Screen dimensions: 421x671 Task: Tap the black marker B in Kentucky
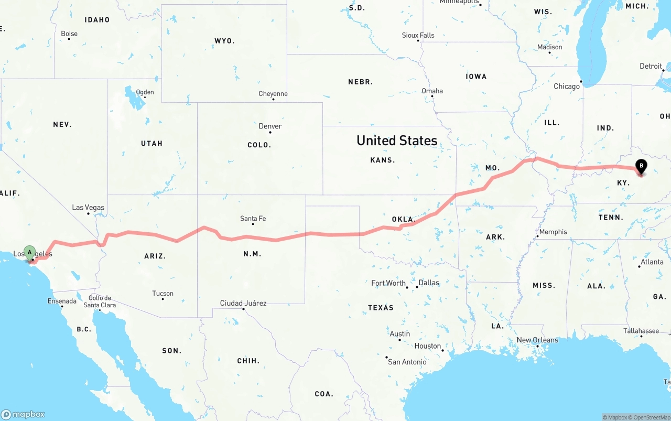(641, 167)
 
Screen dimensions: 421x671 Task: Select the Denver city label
(270, 126)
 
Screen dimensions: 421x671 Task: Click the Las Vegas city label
(88, 208)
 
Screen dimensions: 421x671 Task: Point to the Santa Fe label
(253, 218)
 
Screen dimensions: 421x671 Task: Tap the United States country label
(397, 141)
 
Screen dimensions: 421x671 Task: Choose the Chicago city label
(567, 86)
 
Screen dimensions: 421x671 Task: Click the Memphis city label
(553, 232)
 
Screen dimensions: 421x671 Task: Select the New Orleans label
(537, 340)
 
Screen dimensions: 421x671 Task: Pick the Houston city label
(427, 346)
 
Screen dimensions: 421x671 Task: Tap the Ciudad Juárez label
(243, 303)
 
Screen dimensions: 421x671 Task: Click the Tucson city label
(163, 294)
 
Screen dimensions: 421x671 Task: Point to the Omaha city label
(432, 91)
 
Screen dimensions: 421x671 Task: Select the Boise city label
(69, 34)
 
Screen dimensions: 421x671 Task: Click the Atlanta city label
(652, 262)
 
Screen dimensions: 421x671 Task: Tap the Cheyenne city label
(273, 94)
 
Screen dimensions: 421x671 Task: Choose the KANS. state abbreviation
(383, 160)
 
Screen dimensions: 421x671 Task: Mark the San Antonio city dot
(387, 358)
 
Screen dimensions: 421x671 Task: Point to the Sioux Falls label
(418, 35)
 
